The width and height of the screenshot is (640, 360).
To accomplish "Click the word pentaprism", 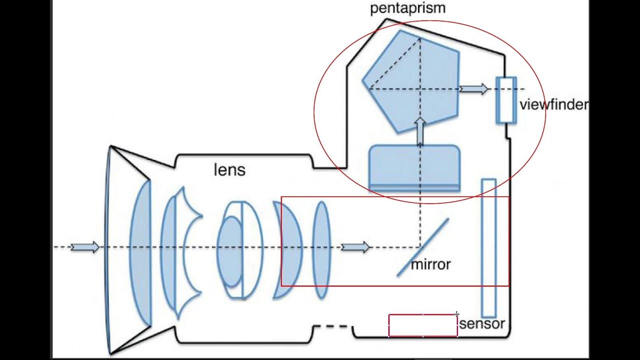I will click(407, 8).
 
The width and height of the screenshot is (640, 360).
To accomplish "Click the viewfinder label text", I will click(553, 105).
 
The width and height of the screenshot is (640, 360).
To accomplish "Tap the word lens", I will click(229, 170).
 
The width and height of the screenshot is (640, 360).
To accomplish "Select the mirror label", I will click(430, 264).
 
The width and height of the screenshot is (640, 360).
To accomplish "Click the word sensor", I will click(482, 324).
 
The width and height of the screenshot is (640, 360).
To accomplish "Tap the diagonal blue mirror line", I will click(423, 247).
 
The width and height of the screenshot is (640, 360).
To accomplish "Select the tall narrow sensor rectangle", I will click(488, 247).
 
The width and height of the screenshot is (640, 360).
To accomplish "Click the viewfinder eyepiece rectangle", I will click(505, 100).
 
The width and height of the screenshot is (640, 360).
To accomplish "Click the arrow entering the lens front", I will click(85, 247).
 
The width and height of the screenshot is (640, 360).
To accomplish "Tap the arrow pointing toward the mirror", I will click(355, 247).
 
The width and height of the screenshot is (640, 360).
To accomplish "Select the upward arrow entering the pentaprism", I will click(420, 131).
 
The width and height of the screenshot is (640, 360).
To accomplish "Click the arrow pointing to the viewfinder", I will click(473, 89).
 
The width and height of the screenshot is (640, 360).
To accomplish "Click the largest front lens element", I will click(141, 252).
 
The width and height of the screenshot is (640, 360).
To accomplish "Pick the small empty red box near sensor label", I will click(423, 325).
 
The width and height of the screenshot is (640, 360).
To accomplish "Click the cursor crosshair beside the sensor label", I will click(456, 314).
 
